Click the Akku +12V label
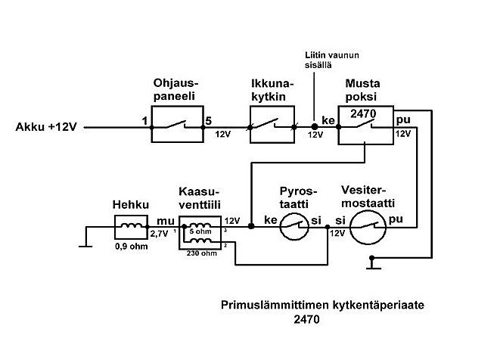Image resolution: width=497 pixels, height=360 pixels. point(45,127)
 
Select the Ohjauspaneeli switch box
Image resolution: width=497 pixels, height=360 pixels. point(176,126)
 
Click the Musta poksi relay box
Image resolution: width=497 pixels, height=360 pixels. point(364,126)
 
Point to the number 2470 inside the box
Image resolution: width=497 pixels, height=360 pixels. point(364,113)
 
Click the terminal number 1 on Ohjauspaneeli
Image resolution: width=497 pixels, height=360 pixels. point(143,120)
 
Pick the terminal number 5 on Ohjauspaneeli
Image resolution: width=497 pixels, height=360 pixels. point(210,120)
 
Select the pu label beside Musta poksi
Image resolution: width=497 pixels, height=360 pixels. point(403,119)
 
